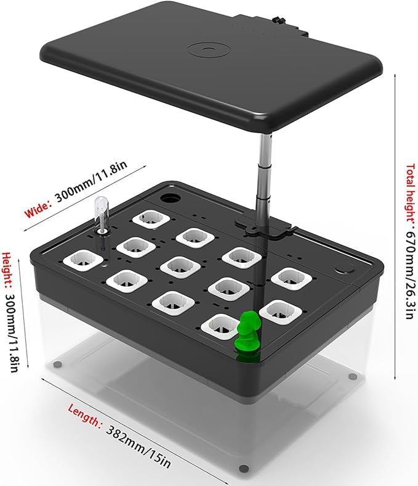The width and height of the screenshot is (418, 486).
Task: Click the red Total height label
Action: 411,192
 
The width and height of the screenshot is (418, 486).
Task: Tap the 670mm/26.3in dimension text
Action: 410,272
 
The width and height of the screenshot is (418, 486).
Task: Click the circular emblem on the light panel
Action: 209,49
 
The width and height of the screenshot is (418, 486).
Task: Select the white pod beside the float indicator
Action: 83,260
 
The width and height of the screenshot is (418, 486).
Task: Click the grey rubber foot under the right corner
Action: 352,377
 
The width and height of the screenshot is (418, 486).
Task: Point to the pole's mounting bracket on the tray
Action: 263,227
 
